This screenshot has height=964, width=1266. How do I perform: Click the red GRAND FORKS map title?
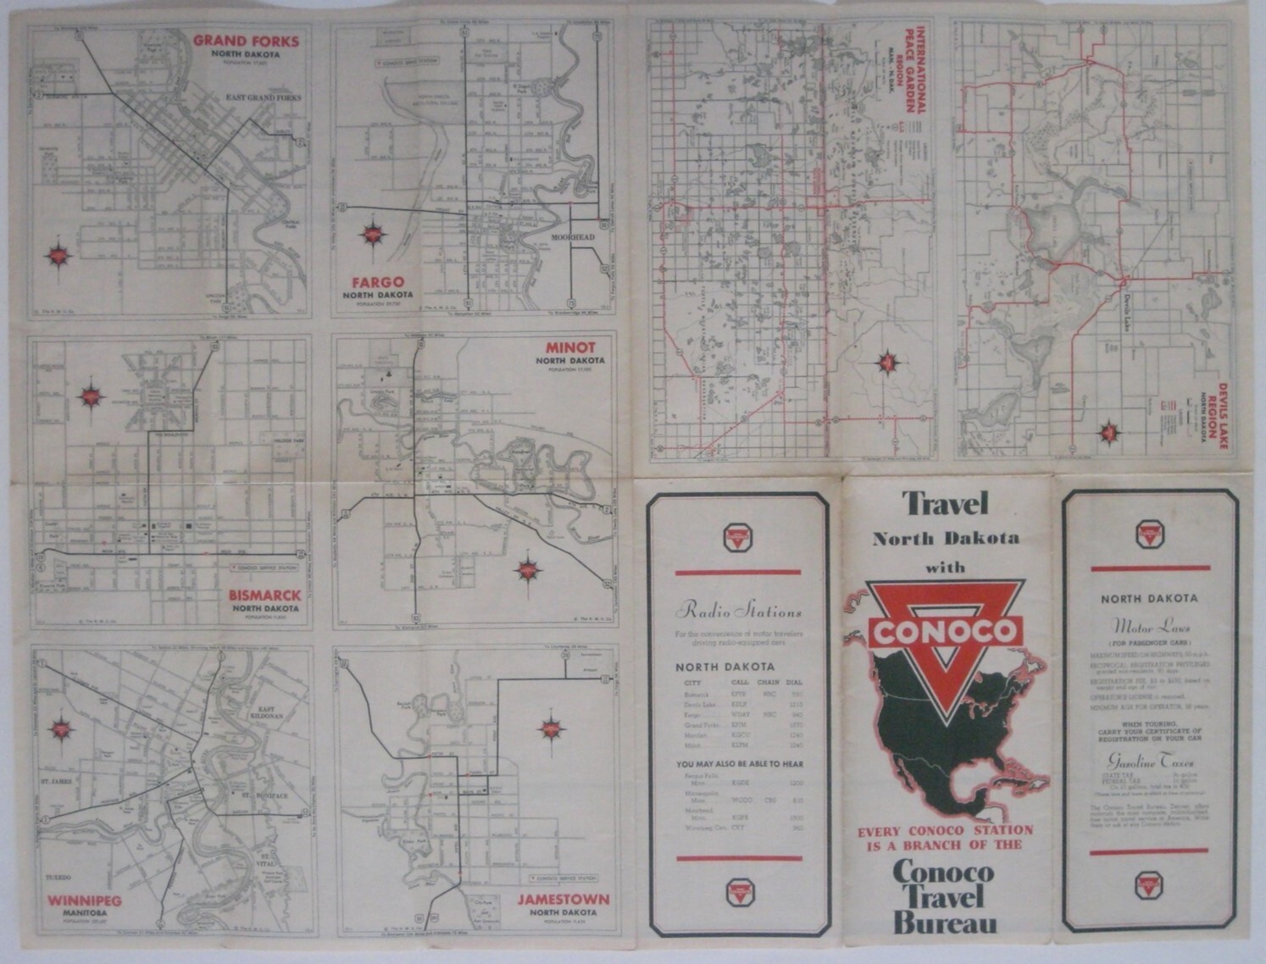pyautogui.click(x=246, y=41)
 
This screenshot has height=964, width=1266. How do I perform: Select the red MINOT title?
pyautogui.click(x=570, y=347)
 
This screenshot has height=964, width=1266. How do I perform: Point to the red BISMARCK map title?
pyautogui.click(x=264, y=596)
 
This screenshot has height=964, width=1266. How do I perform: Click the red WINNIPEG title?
pyautogui.click(x=85, y=900)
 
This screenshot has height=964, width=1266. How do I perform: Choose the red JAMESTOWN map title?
pyautogui.click(x=564, y=900)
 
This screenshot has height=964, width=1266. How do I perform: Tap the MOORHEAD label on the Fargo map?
pyautogui.click(x=573, y=238)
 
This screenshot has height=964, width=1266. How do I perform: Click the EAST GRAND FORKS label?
pyautogui.click(x=263, y=98)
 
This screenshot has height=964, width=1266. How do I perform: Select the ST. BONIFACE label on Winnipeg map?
pyautogui.click(x=265, y=796)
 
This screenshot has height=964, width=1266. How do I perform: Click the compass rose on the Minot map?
pyautogui.click(x=528, y=569)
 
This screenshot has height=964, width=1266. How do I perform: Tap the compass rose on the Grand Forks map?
pyautogui.click(x=58, y=254)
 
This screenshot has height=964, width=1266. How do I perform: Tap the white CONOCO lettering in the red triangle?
pyautogui.click(x=945, y=631)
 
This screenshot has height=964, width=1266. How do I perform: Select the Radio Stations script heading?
pyautogui.click(x=738, y=611)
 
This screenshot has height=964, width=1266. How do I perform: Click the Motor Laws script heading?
pyautogui.click(x=1149, y=628)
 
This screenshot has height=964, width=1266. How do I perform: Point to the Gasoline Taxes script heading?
pyautogui.click(x=1149, y=762)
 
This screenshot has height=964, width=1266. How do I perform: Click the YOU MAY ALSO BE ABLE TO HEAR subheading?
pyautogui.click(x=740, y=764)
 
